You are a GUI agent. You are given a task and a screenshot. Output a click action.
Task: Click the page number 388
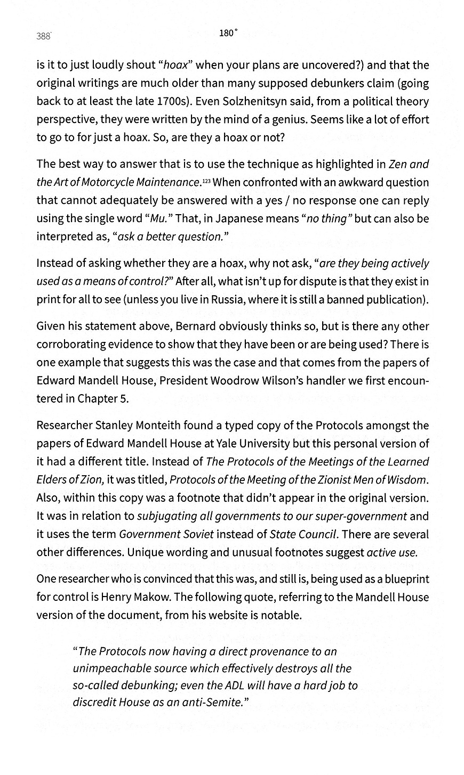[43, 36]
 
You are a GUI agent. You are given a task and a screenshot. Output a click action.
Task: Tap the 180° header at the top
[228, 33]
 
